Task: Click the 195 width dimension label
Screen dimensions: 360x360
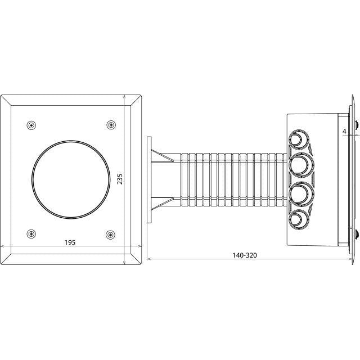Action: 70,242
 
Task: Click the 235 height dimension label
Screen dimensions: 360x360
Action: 120,179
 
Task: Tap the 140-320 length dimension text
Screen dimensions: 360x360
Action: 245,255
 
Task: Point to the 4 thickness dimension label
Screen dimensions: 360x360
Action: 344,131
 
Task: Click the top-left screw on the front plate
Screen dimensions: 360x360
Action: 31,125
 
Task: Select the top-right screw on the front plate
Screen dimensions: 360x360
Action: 111,125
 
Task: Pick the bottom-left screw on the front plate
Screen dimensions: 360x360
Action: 31,234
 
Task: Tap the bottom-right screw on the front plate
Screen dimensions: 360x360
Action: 110,235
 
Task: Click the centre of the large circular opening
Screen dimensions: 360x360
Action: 71,179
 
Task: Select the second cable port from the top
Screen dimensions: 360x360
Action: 301,165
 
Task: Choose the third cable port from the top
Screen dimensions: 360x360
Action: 301,194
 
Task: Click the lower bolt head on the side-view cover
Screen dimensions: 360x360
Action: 357,234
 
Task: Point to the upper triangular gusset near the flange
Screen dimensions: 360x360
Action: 161,156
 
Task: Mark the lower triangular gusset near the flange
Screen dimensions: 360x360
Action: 161,204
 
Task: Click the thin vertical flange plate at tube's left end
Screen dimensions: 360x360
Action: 149,180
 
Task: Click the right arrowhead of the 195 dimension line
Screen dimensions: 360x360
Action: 140,246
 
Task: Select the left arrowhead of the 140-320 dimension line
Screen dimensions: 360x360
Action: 148,259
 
